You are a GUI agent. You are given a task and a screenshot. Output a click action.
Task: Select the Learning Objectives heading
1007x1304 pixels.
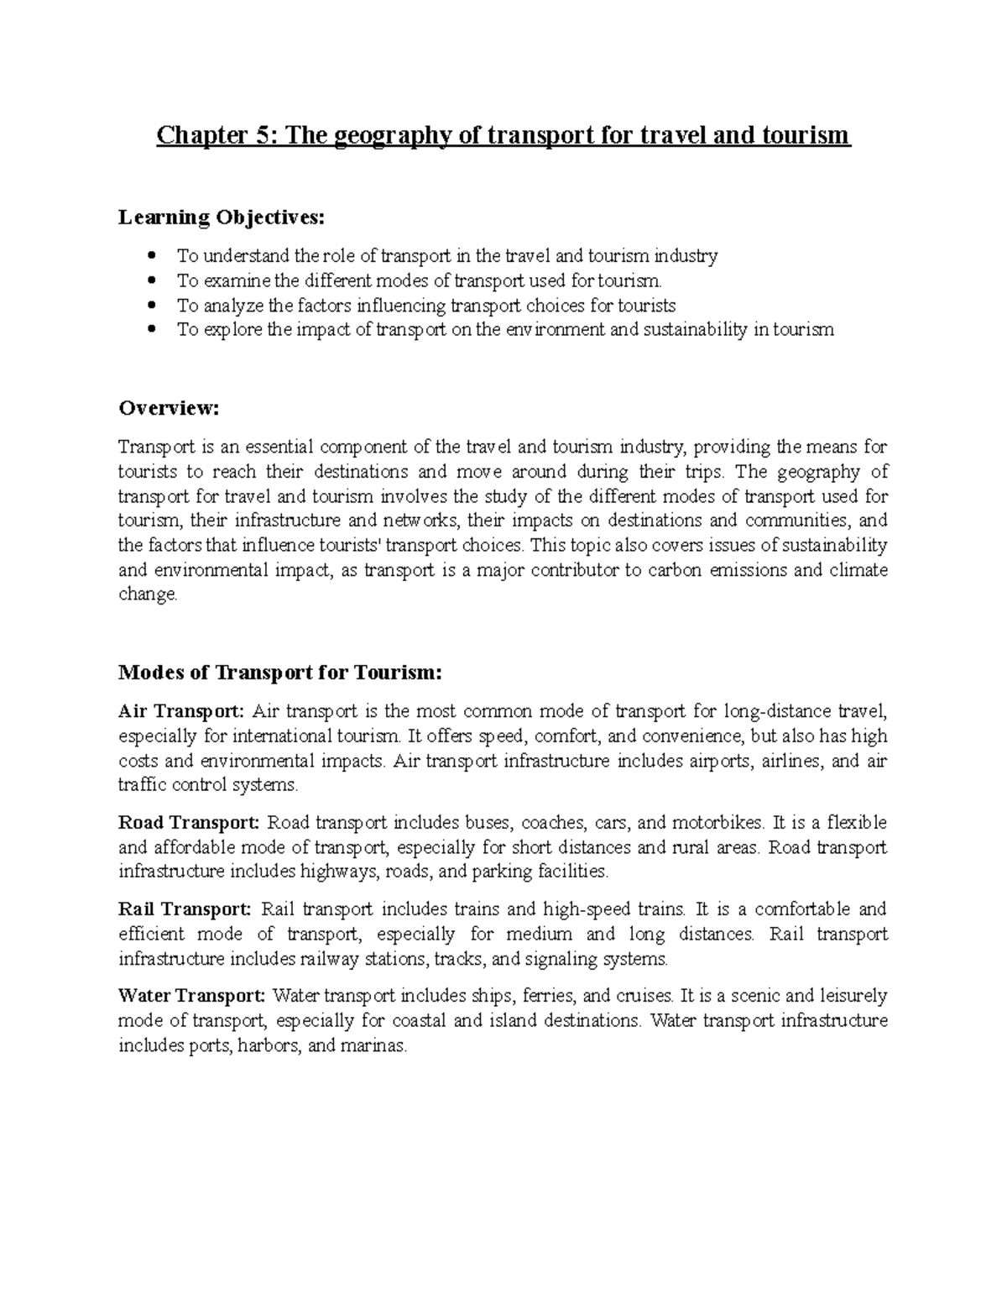pos(220,217)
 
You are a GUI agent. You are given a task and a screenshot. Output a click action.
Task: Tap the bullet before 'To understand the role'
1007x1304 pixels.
pos(151,255)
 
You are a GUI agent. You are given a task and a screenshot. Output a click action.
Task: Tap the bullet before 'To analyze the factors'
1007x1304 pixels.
pos(151,305)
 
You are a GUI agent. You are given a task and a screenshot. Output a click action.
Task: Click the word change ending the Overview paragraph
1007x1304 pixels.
pos(147,595)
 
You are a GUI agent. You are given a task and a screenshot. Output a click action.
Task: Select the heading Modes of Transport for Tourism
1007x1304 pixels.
pos(279,673)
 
